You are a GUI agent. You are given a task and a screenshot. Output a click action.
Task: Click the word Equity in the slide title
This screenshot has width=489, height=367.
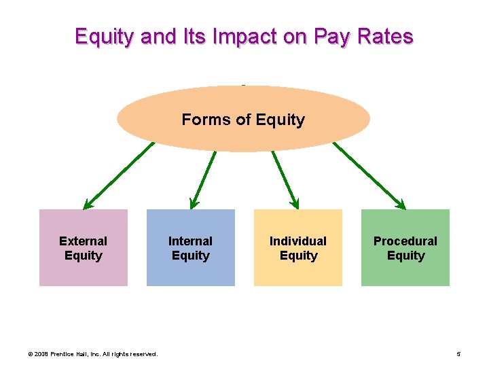click(105, 36)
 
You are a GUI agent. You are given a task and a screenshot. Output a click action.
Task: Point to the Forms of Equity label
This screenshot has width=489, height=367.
click(243, 120)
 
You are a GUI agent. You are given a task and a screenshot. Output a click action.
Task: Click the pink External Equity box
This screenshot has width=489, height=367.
click(84, 268)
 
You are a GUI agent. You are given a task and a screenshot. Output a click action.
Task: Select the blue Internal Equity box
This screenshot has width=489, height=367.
click(191, 268)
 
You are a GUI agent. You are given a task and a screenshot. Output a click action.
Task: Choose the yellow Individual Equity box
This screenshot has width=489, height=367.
click(298, 268)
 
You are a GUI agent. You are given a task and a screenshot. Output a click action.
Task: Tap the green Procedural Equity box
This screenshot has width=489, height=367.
click(405, 268)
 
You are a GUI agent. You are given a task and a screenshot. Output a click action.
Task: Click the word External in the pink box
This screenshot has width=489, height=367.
click(83, 241)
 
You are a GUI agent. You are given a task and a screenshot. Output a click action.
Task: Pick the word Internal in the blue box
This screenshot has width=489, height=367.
click(190, 241)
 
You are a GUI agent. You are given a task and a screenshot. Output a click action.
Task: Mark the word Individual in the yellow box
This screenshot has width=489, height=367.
click(297, 241)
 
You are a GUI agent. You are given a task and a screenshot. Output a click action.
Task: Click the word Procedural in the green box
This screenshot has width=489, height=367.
click(405, 241)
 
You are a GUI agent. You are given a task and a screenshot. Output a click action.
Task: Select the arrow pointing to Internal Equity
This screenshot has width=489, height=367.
click(203, 178)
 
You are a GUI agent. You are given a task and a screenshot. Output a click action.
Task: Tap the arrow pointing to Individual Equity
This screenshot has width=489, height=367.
click(285, 178)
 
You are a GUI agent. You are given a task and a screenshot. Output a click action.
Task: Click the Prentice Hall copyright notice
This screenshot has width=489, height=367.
click(92, 353)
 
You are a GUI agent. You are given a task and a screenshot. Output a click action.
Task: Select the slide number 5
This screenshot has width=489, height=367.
click(459, 353)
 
